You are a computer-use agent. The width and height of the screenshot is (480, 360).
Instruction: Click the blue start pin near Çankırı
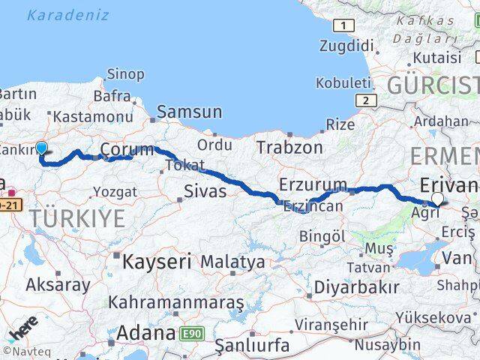click(x=41, y=148)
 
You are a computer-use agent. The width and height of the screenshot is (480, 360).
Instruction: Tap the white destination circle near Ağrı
click(x=438, y=199)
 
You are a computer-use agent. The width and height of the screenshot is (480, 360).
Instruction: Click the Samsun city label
click(x=189, y=112)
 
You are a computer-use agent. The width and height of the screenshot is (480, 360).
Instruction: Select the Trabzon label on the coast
click(x=289, y=148)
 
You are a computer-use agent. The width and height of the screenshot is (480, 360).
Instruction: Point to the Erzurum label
click(x=313, y=184)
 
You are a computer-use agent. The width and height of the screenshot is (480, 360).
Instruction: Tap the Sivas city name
click(x=205, y=191)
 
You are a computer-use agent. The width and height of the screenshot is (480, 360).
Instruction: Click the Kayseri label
click(x=156, y=262)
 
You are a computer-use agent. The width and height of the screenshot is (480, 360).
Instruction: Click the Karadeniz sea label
click(x=67, y=15)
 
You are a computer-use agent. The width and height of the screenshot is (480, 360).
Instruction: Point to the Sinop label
click(x=126, y=73)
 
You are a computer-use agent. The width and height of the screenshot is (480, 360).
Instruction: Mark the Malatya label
click(x=232, y=262)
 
